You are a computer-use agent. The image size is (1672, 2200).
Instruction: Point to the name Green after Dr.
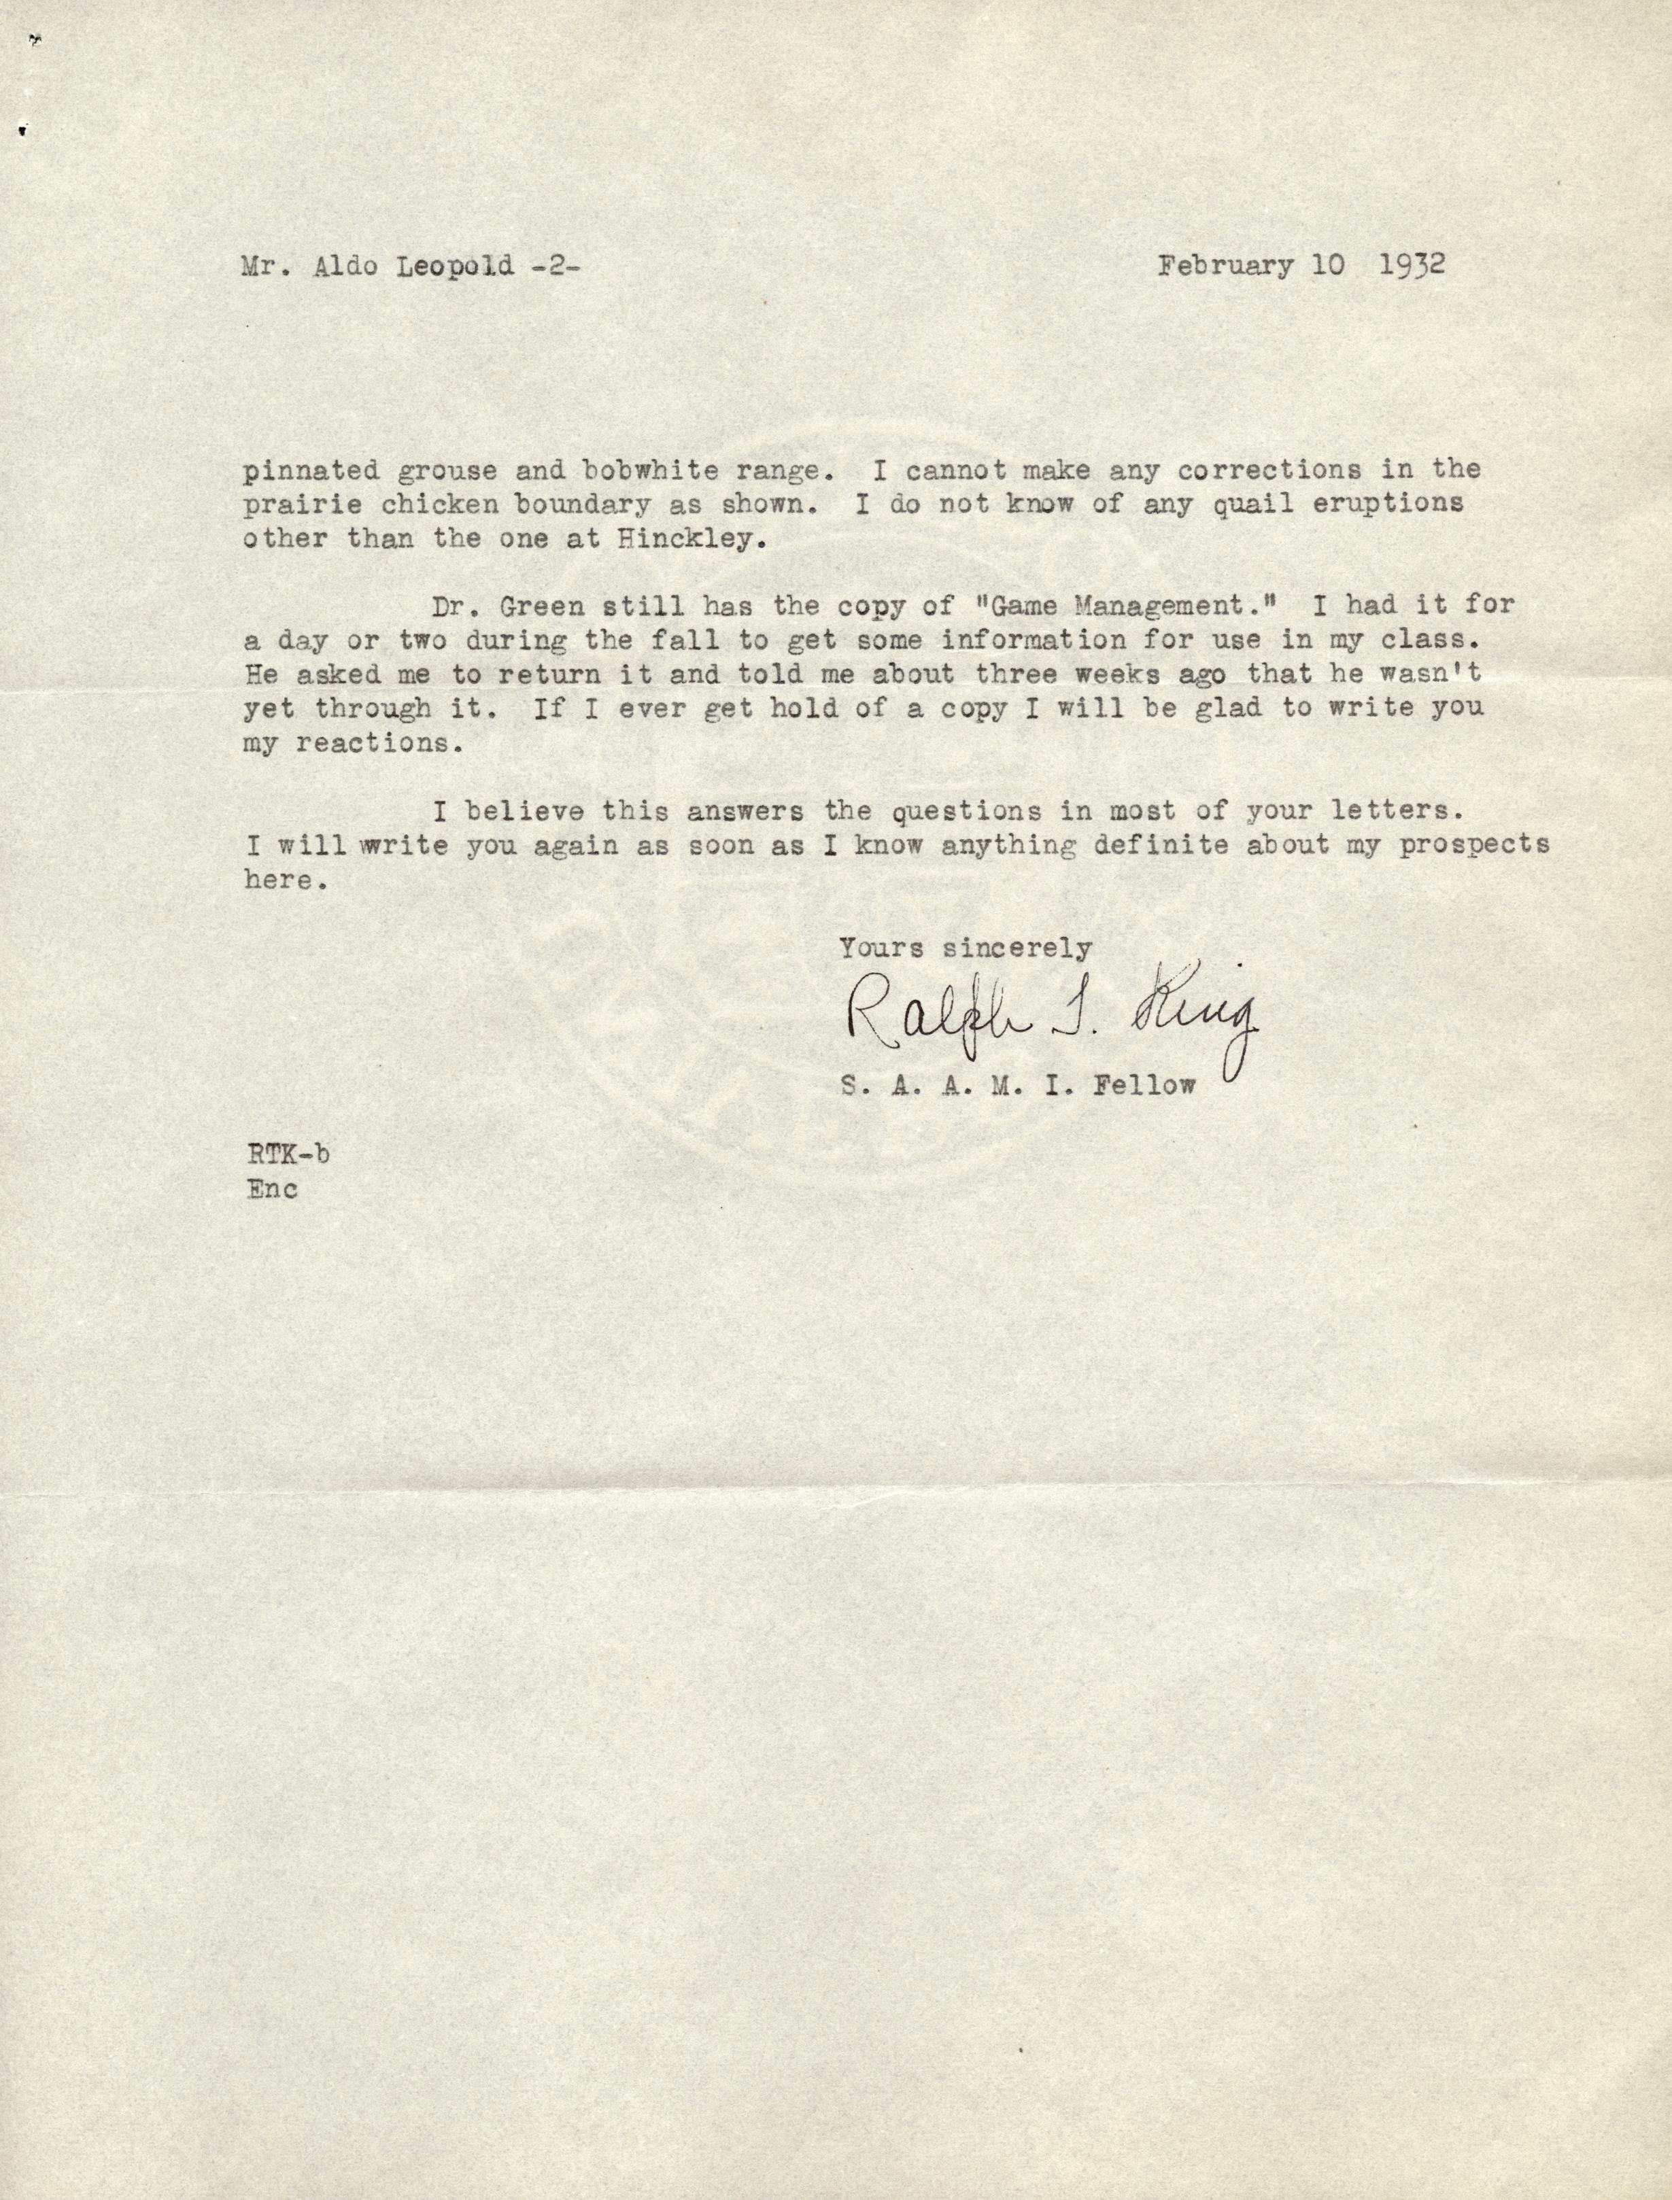tap(537, 605)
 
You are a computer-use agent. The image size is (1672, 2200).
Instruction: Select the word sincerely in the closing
tap(1017, 948)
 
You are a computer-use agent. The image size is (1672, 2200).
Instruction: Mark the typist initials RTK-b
tap(288, 1154)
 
